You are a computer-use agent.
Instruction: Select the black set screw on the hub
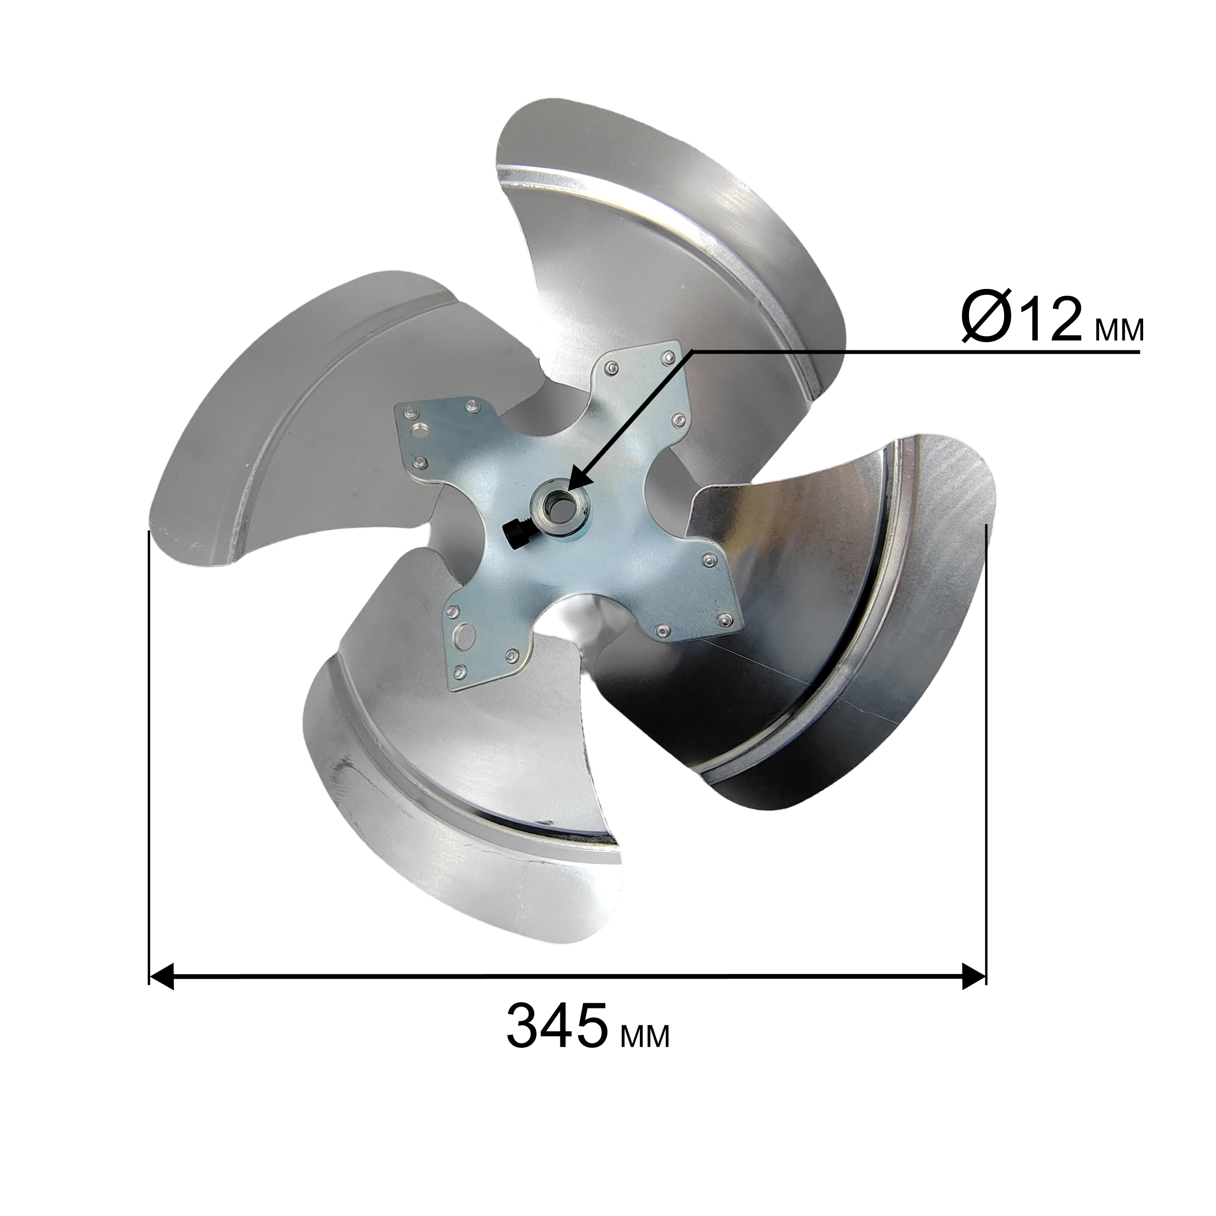(515, 533)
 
